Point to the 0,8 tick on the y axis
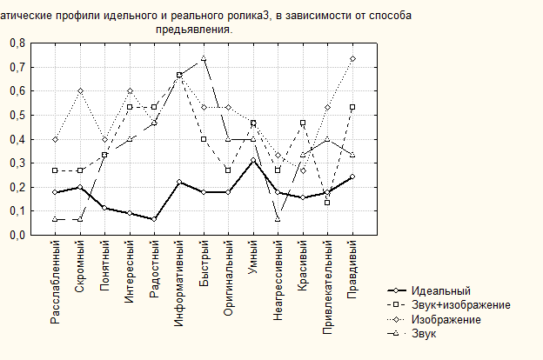pyautogui.click(x=17, y=43)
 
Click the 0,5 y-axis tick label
pyautogui.click(x=17, y=116)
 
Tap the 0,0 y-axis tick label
pyautogui.click(x=17, y=235)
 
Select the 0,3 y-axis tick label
pyautogui.click(x=17, y=163)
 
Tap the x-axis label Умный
pyautogui.click(x=253, y=260)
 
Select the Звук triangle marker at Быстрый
pyautogui.click(x=204, y=58)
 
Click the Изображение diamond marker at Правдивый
pyautogui.click(x=352, y=58)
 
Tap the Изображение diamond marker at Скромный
pyautogui.click(x=80, y=91)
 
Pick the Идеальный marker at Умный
pyautogui.click(x=253, y=160)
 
